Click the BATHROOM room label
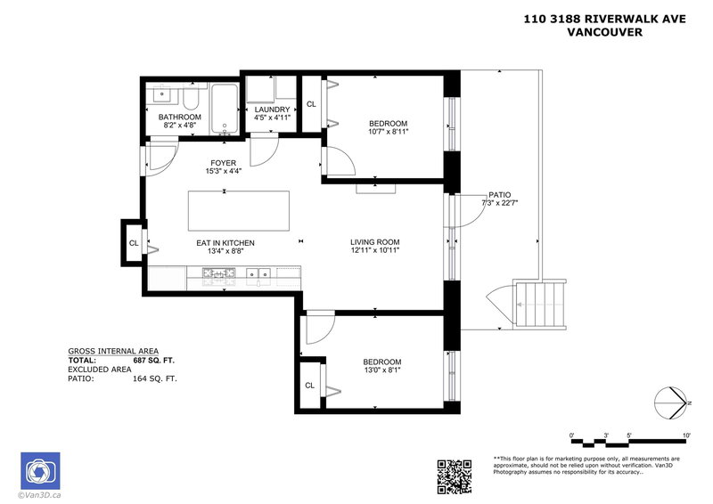click(180, 117)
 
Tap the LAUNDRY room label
click(272, 110)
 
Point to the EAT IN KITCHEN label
click(225, 242)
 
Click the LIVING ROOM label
click(374, 241)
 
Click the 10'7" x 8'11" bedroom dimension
click(388, 132)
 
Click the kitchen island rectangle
click(239, 210)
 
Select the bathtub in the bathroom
click(224, 110)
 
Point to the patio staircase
click(540, 305)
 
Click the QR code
click(453, 476)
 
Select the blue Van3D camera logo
click(39, 469)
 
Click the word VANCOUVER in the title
click(606, 33)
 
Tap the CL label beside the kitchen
click(133, 242)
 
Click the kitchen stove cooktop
click(217, 274)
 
